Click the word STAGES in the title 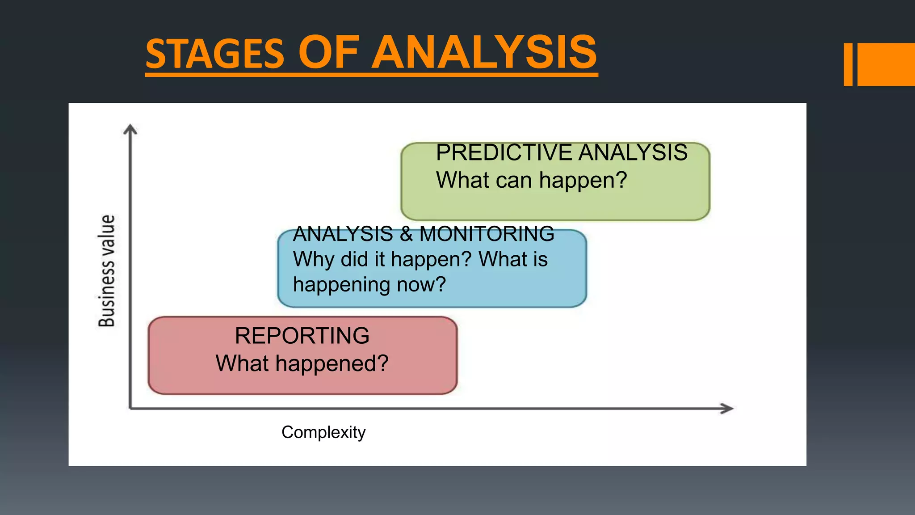(x=215, y=54)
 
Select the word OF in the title (x=328, y=53)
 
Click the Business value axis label (x=107, y=271)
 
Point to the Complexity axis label (x=323, y=432)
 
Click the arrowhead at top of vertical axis (x=130, y=129)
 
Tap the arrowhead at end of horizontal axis (x=727, y=408)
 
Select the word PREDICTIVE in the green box (x=504, y=152)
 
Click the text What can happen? (x=532, y=180)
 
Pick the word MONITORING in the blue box (x=487, y=234)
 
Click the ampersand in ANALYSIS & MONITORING (x=406, y=234)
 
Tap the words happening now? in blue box (x=369, y=284)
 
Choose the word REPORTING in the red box (x=302, y=336)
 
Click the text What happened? (x=302, y=363)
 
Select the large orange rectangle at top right (x=886, y=64)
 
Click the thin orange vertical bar (x=848, y=64)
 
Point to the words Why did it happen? (x=382, y=259)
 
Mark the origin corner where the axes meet (x=130, y=408)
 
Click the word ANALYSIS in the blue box (x=343, y=234)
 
